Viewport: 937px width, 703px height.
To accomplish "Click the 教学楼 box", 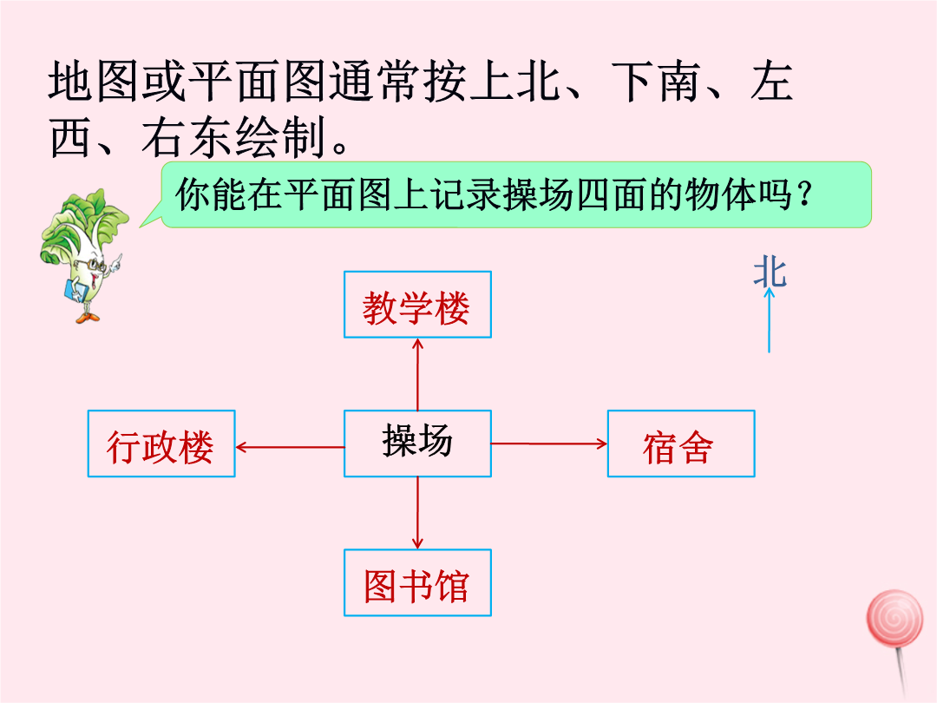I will point(417,305).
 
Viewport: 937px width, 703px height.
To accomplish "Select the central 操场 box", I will point(417,443).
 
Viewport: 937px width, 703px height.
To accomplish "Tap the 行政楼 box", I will point(161,443).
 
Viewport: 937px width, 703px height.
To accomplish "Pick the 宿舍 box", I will point(680,443).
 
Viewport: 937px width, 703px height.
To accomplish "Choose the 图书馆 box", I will point(417,582).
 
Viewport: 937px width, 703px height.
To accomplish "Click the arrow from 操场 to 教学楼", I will point(417,373).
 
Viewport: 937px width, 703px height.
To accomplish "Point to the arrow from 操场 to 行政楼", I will point(290,447).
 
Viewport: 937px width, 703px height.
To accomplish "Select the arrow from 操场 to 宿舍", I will point(549,443).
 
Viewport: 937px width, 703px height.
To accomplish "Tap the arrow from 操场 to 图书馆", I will point(417,512).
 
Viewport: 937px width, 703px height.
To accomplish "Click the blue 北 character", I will point(770,272).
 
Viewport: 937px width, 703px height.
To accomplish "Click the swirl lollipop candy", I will point(894,618).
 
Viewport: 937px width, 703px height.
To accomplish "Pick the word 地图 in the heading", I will point(95,83).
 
